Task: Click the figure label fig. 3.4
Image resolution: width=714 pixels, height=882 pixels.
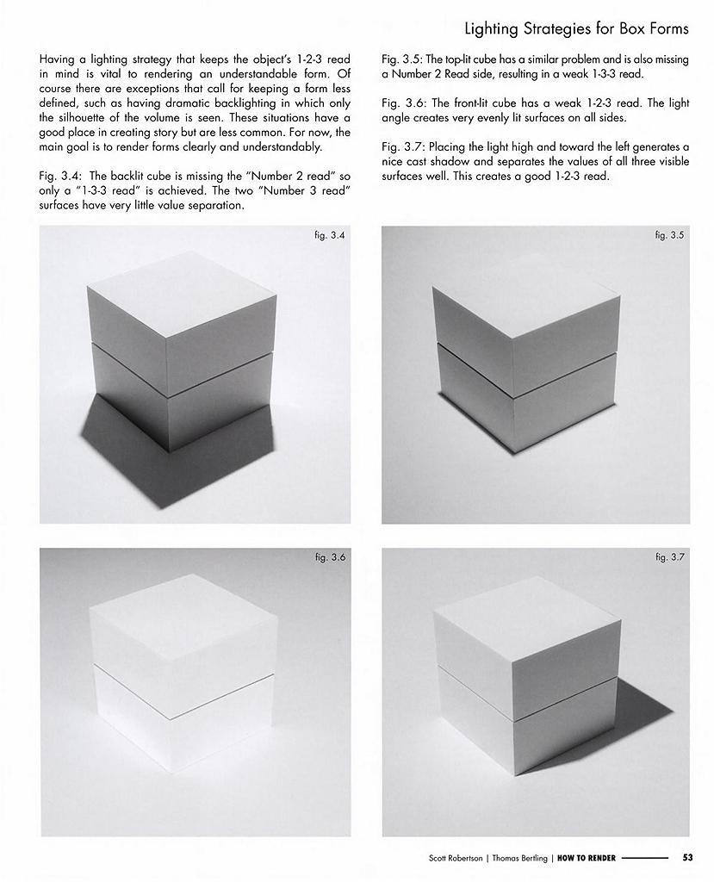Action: (x=330, y=235)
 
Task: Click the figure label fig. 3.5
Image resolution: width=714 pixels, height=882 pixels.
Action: (x=669, y=235)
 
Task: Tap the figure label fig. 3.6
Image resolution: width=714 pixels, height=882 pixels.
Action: (x=330, y=557)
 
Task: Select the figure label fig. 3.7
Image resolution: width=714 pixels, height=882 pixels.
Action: (x=670, y=557)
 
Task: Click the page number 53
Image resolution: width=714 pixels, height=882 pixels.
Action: (x=687, y=858)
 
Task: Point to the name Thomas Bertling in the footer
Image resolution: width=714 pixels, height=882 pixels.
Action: (x=519, y=859)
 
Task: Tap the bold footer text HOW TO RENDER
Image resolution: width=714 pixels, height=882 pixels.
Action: (x=587, y=859)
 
